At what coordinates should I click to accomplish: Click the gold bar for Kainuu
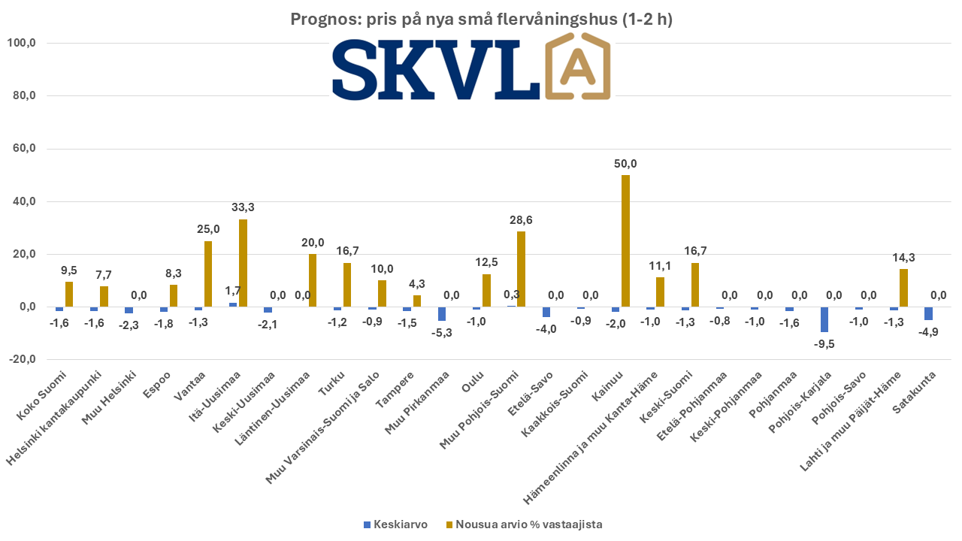pyautogui.click(x=625, y=240)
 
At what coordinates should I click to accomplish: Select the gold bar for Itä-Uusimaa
pyautogui.click(x=243, y=263)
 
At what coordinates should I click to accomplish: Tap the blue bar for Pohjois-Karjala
pyautogui.click(x=824, y=319)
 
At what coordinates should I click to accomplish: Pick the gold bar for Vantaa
pyautogui.click(x=208, y=274)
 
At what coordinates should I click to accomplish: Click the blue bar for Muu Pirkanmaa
pyautogui.click(x=442, y=314)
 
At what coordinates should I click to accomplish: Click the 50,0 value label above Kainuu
pyautogui.click(x=625, y=164)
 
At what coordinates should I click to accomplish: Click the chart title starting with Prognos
pyautogui.click(x=481, y=20)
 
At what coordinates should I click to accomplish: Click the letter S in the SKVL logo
pyautogui.click(x=360, y=70)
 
